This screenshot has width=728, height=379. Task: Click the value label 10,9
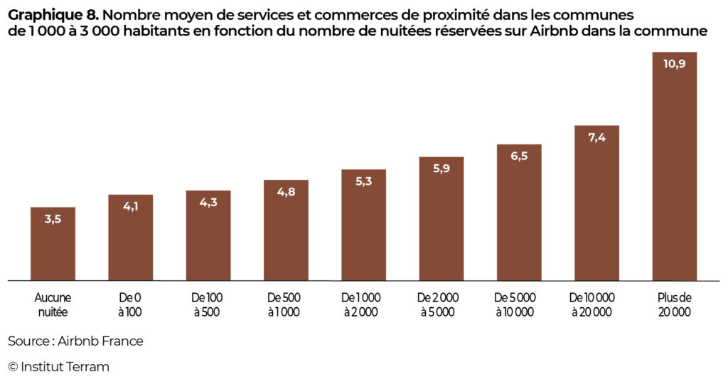674,63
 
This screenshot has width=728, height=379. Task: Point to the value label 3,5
53,219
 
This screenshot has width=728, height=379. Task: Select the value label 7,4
596,137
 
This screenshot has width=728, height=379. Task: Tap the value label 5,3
363,181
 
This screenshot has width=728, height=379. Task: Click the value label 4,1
131,206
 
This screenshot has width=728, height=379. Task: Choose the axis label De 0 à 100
131,304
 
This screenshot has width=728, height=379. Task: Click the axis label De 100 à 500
208,304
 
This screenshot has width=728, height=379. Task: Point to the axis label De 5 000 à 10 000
519,304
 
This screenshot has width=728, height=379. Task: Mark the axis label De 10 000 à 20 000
596,304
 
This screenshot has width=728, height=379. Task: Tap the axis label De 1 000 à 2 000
363,304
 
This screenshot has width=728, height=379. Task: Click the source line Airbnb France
100,341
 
